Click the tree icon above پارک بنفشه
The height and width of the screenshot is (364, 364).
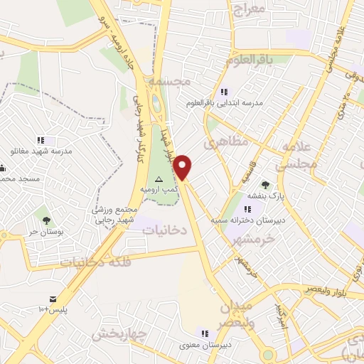point(265,185)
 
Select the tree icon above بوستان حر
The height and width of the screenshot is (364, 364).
point(46,220)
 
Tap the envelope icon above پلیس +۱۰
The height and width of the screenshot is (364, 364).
point(52,299)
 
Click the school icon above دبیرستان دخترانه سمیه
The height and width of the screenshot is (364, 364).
point(247,209)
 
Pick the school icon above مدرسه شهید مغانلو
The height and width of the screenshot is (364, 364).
point(41,140)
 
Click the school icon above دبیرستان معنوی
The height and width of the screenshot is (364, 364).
point(205,333)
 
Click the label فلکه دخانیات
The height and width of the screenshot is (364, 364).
point(96,262)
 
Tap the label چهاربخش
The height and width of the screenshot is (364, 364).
point(119,333)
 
